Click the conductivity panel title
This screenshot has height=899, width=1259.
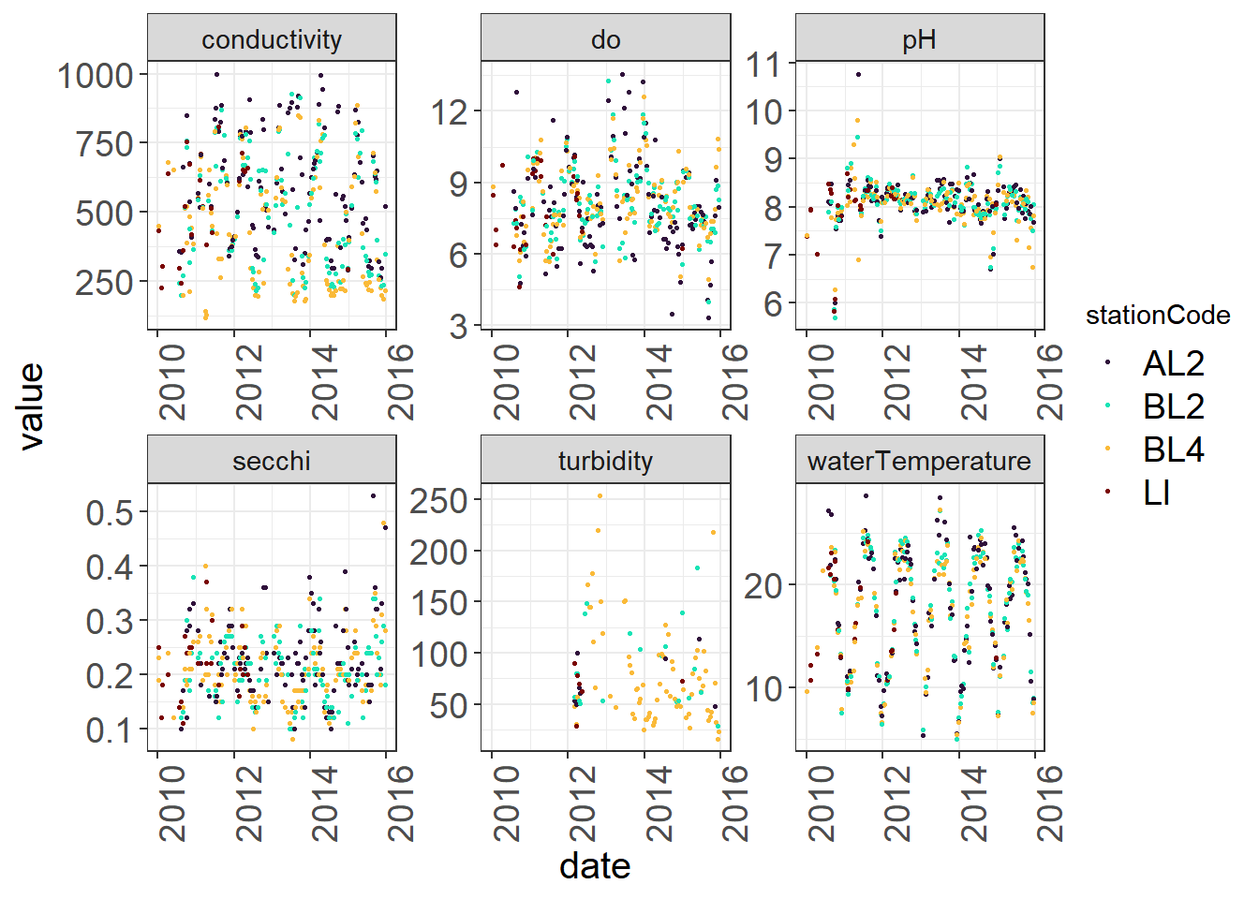pos(272,39)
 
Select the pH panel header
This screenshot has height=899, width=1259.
pos(919,39)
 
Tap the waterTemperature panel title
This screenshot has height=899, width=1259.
pos(919,461)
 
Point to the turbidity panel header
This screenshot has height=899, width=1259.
pos(605,461)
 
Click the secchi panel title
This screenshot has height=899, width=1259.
pos(272,461)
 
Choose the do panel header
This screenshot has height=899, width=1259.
pos(605,39)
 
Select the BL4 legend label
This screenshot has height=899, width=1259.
pos(1173,449)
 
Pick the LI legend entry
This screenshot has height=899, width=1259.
pos(1157,493)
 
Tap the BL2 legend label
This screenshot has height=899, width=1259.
pos(1173,406)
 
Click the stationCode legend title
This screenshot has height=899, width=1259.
pos(1158,316)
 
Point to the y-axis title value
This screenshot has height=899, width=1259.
pos(31,406)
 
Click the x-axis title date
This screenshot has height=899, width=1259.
pos(595,866)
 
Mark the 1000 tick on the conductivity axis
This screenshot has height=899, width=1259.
pos(96,75)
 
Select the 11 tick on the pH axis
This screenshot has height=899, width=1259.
pos(763,65)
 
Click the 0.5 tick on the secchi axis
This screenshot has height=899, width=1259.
pos(111,512)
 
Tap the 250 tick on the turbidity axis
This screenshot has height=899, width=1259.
pos(438,501)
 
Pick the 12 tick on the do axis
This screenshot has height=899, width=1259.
pos(449,111)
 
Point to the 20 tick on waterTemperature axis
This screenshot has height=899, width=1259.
pos(763,585)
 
